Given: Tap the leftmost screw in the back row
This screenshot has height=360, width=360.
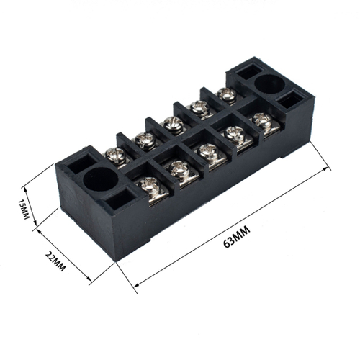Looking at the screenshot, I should click(x=115, y=153).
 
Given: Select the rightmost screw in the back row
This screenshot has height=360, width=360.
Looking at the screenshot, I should click(x=226, y=93).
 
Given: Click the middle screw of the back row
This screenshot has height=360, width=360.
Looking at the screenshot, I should click(x=173, y=123).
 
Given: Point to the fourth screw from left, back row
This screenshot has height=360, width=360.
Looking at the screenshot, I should click(x=199, y=107).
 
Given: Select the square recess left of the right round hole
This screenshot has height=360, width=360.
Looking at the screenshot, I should click(x=243, y=72).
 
